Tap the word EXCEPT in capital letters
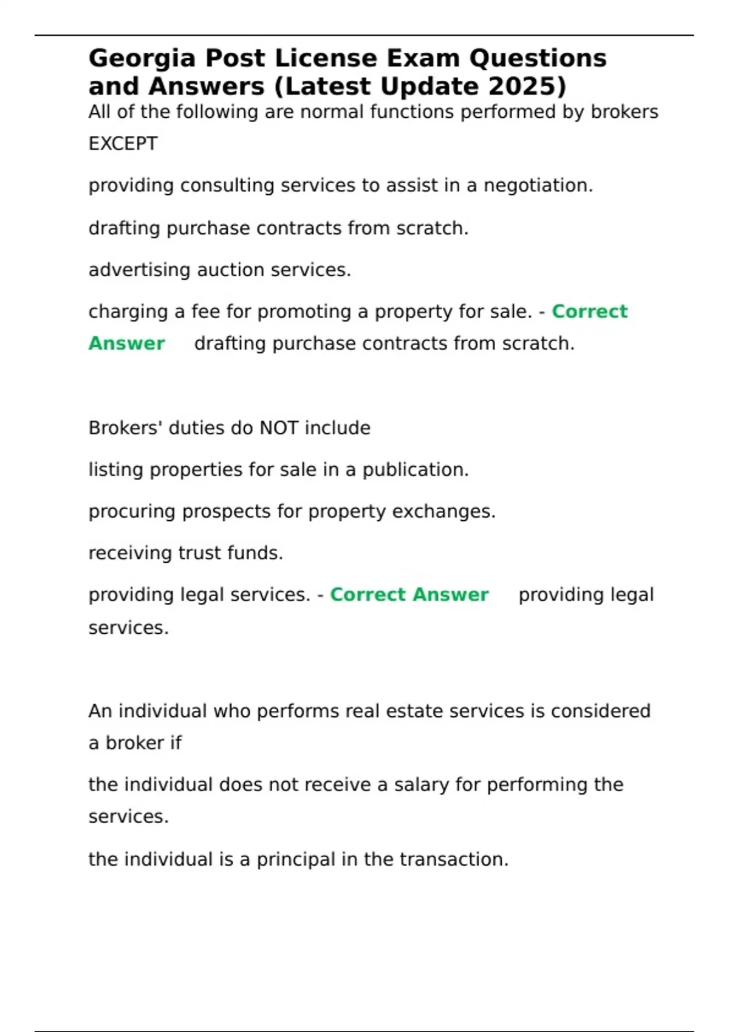tap(123, 144)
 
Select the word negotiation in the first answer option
tap(538, 186)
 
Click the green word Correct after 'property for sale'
tap(589, 311)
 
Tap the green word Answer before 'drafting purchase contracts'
tap(126, 344)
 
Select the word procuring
tap(132, 512)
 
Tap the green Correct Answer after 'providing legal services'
tap(409, 595)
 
